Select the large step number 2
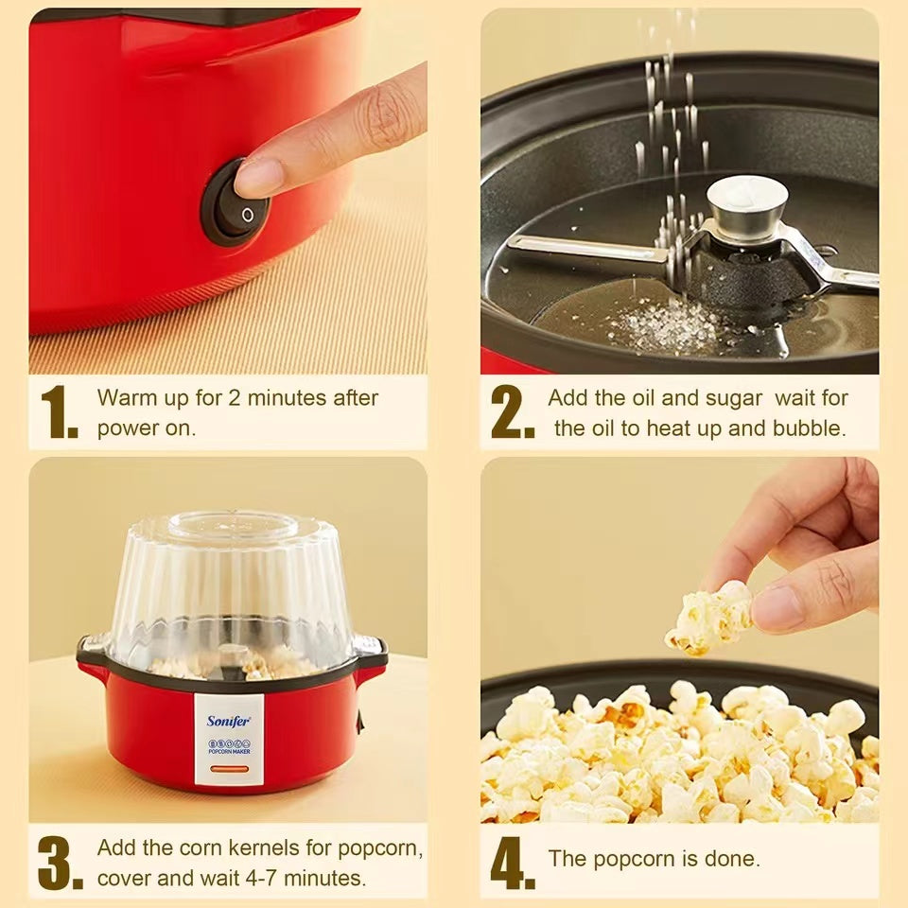click(512, 411)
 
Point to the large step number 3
click(60, 863)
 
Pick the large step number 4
click(513, 863)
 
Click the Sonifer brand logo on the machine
click(229, 721)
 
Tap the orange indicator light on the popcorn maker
click(229, 770)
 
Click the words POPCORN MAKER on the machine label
click(229, 752)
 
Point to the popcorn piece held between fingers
click(709, 618)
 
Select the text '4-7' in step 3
click(261, 878)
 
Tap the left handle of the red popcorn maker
click(92, 655)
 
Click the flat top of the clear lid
click(231, 524)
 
